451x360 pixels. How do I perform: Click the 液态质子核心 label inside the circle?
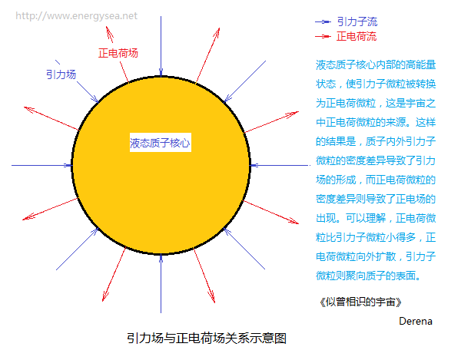tap(161, 143)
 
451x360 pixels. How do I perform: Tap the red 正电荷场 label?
tap(118, 53)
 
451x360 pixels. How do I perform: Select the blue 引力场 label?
tap(61, 74)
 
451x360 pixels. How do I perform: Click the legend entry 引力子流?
tap(357, 21)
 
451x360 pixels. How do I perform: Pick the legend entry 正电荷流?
tap(356, 37)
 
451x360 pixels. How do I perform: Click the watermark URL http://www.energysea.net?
tap(77, 16)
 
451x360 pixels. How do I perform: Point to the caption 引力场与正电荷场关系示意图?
tap(207, 339)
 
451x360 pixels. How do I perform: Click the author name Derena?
tap(416, 321)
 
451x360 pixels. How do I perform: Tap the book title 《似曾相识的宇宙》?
tap(360, 302)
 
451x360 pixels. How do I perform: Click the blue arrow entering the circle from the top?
tap(161, 46)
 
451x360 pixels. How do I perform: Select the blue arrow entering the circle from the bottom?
tap(161, 283)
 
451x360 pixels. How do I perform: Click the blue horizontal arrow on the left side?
tap(41, 166)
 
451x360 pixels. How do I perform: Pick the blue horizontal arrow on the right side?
tap(280, 166)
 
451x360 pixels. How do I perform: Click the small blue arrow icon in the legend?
tap(323, 21)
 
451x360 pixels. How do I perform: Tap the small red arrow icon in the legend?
tap(323, 37)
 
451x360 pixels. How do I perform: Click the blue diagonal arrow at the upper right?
tap(244, 81)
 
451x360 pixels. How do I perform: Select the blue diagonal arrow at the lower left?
tap(78, 249)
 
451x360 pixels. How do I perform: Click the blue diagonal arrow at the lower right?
tap(244, 249)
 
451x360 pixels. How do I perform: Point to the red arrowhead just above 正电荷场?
tap(109, 34)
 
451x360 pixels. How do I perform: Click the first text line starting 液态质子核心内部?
tap(376, 65)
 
